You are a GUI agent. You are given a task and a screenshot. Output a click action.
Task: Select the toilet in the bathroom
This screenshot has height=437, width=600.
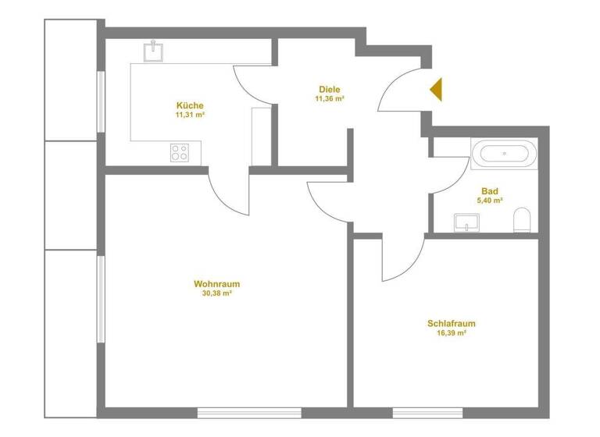(522, 221)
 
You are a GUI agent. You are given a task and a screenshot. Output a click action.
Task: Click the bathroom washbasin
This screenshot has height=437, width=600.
(466, 223)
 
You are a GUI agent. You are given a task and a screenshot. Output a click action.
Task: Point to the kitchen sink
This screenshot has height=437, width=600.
(154, 51)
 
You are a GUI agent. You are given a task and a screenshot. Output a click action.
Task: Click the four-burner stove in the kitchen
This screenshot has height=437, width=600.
(179, 153)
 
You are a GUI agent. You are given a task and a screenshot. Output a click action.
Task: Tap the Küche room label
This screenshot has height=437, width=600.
(190, 105)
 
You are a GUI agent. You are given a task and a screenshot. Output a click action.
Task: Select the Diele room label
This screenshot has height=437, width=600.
(330, 90)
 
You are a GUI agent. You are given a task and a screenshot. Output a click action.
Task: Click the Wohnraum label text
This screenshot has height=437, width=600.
(216, 284)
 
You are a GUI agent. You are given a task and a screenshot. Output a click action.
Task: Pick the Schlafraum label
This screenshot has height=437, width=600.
(452, 323)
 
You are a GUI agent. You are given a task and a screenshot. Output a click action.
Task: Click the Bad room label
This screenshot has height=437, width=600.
(490, 191)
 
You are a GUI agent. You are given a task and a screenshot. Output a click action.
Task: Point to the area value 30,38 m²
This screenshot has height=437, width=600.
(216, 294)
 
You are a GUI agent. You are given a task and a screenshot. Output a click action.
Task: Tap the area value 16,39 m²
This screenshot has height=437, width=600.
(452, 333)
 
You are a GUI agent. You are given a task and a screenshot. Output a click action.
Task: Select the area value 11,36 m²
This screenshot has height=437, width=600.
(330, 99)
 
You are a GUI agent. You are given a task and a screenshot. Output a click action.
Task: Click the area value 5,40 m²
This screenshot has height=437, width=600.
(490, 201)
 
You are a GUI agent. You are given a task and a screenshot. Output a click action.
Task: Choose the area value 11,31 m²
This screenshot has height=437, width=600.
(190, 115)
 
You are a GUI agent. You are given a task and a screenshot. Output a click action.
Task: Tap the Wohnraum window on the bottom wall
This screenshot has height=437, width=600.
(249, 412)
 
